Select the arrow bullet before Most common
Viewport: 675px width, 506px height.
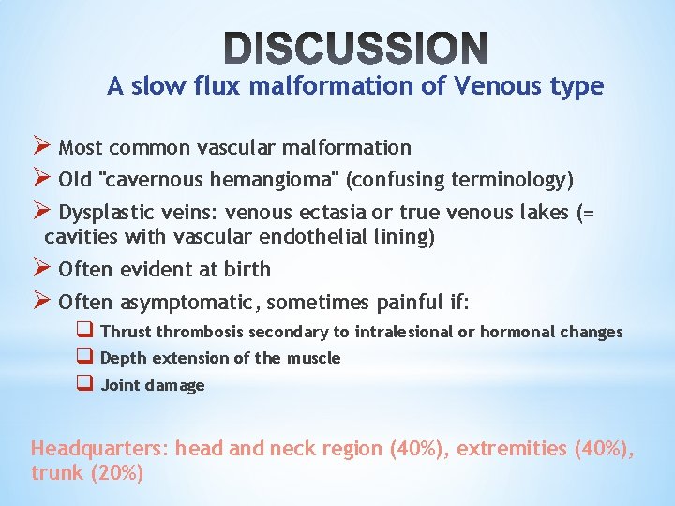click(x=42, y=147)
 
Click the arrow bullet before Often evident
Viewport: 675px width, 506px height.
click(x=42, y=269)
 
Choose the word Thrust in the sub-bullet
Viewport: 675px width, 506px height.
click(x=126, y=332)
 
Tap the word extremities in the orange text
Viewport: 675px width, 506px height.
click(x=500, y=448)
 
